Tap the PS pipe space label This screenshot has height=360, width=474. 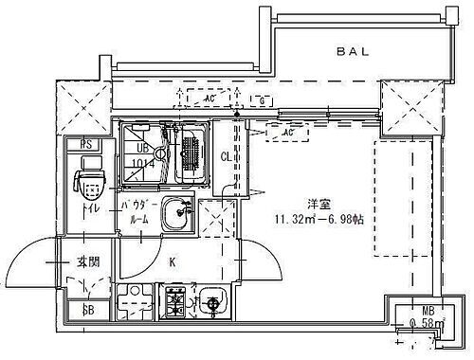[85, 144]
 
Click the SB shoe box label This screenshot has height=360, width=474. [87, 309]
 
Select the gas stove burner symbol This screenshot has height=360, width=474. [175, 302]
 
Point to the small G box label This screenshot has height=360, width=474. [260, 99]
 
